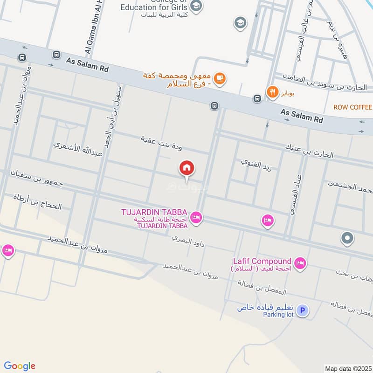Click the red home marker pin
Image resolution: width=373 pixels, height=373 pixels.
click(186, 168)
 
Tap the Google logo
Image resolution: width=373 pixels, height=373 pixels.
click(20, 366)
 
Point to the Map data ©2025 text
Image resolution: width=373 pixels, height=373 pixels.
click(347, 368)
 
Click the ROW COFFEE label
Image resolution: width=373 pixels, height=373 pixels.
click(352, 107)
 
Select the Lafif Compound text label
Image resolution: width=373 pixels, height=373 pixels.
click(262, 261)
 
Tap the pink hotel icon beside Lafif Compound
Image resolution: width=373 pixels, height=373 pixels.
click(301, 264)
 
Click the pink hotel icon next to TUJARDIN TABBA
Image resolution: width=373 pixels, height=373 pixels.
click(196, 217)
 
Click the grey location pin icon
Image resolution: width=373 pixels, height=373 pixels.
click(347, 239)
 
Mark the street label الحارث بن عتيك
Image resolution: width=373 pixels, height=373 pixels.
click(310, 151)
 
